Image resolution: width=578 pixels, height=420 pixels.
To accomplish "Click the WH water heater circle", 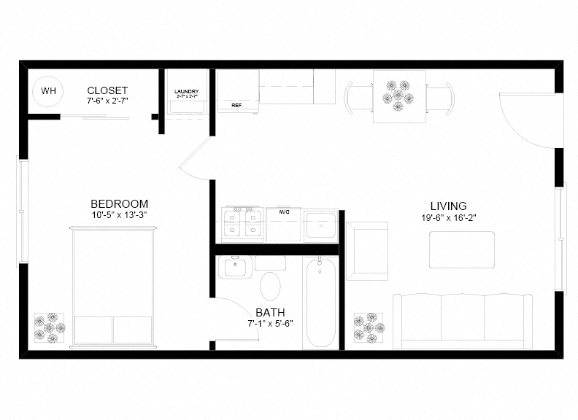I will (x=48, y=91).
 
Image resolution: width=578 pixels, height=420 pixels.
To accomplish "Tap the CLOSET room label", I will (x=107, y=90).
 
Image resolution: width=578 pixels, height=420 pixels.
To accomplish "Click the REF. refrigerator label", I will (x=236, y=105).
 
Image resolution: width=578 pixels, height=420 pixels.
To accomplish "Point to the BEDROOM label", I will (x=120, y=203).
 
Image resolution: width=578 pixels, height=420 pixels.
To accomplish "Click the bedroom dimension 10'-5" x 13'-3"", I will (x=120, y=215).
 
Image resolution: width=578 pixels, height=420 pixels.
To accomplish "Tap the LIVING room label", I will (x=448, y=206).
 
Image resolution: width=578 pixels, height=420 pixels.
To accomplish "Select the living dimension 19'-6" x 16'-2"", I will (x=448, y=217).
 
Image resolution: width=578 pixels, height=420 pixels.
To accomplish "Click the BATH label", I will (x=270, y=312).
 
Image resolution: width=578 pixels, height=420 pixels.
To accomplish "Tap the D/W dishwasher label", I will (x=283, y=212).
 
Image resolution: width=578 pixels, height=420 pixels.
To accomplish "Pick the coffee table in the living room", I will (x=461, y=249).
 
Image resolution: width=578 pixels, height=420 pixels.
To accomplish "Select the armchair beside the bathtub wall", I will (x=367, y=250).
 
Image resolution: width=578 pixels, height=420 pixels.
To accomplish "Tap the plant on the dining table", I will (x=398, y=94).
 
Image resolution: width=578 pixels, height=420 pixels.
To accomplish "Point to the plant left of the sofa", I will (x=369, y=327).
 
